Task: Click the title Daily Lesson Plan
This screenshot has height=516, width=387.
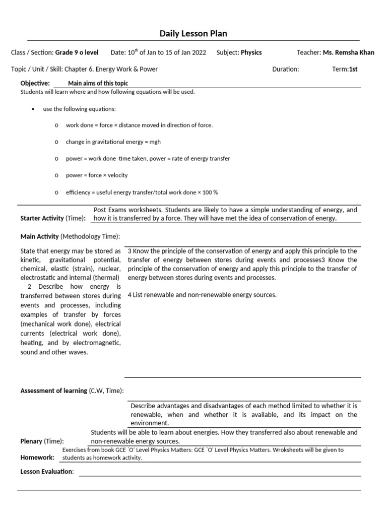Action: coord(193,34)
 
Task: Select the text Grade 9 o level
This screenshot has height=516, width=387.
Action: coord(77,52)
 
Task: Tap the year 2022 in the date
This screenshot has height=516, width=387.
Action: coord(198,52)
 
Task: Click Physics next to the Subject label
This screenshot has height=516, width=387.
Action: coord(251,52)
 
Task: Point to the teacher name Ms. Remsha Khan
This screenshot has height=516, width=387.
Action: coord(349,52)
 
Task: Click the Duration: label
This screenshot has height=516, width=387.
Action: coord(285,69)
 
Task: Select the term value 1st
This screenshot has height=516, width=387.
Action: coord(353,69)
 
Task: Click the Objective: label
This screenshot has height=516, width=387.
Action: coord(35,83)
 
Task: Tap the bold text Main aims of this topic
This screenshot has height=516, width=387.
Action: coord(98,83)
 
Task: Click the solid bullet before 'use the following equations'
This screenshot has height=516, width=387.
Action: coord(33,109)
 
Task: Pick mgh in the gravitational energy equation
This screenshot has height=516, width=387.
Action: coord(155,142)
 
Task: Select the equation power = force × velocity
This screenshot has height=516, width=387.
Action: coord(97,175)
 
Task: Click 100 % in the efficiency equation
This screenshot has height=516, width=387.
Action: coord(209,192)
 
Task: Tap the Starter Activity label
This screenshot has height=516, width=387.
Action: coord(42,218)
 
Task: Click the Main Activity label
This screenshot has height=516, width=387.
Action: coord(39,236)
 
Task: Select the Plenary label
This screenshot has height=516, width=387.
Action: coord(31,441)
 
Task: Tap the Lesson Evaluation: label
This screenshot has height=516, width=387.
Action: coord(47,471)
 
